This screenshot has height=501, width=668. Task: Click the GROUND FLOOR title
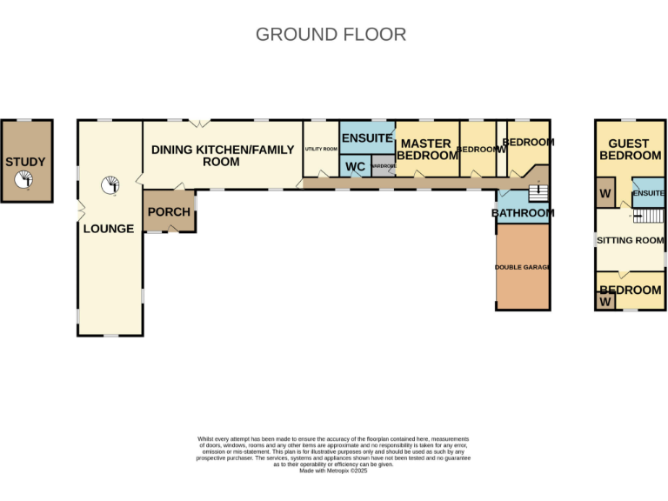[x=331, y=35]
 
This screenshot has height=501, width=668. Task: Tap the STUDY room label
[x=25, y=162]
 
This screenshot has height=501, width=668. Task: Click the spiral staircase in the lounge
[x=110, y=184]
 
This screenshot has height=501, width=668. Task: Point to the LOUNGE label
[x=109, y=229]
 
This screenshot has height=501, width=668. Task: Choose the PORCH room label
[x=169, y=212]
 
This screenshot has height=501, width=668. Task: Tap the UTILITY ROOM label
[x=320, y=150]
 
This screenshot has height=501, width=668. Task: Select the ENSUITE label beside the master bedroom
[x=367, y=138]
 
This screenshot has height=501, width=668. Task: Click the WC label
[x=355, y=166]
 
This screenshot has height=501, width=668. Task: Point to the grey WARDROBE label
[x=383, y=165]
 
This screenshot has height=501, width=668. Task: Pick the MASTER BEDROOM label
[x=427, y=150]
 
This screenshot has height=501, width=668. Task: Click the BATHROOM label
[x=523, y=213]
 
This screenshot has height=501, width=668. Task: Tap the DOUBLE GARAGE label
[x=523, y=267]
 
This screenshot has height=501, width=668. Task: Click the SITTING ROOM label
[x=630, y=239]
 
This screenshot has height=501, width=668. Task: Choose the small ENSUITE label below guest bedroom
[x=649, y=193]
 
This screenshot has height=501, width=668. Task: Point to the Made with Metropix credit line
[x=334, y=471]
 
